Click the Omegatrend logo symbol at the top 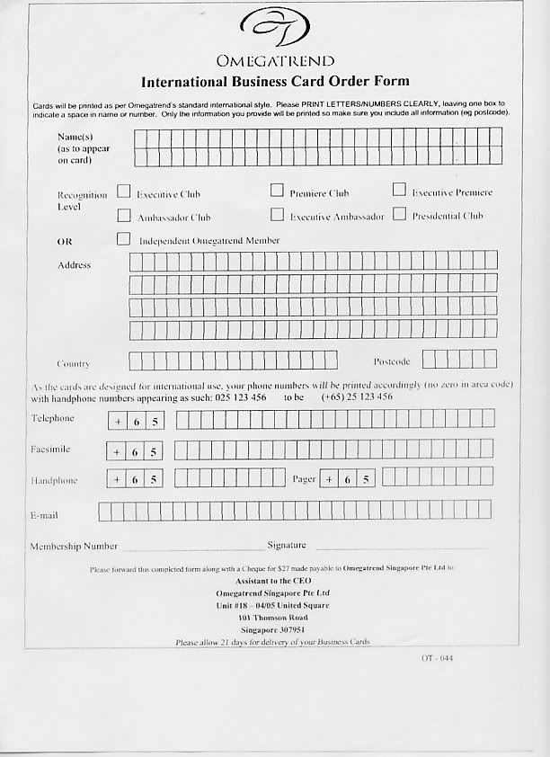274,30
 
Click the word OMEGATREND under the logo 274,61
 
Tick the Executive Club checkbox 124,192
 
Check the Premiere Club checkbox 277,191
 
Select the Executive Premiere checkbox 399,191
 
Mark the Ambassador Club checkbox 124,216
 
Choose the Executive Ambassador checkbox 277,215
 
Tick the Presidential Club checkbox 399,214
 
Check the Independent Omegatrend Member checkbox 124,239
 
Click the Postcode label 392,361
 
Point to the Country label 73,363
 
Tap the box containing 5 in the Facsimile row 155,451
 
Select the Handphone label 54,480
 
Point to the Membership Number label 74,546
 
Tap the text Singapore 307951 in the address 273,630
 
